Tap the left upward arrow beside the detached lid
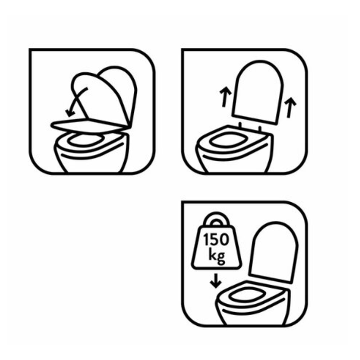(224, 97)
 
